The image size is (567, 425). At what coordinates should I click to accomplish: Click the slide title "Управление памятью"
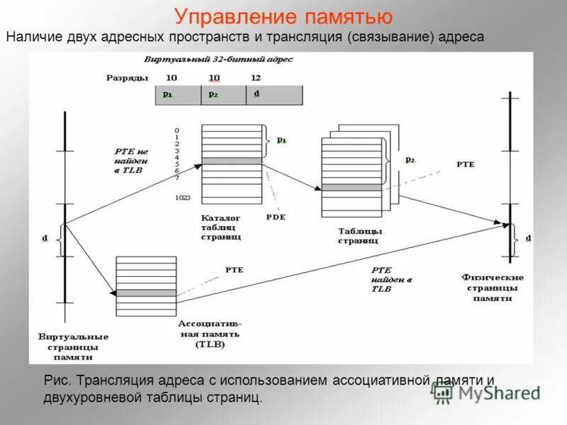click(x=283, y=16)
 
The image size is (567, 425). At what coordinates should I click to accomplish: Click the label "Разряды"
click(x=127, y=77)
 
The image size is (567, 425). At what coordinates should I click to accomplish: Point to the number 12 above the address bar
click(x=256, y=77)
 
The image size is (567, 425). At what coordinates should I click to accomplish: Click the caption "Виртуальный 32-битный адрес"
click(x=218, y=59)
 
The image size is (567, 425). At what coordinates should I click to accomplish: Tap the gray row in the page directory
click(x=232, y=161)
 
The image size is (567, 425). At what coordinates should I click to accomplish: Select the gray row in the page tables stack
click(x=352, y=188)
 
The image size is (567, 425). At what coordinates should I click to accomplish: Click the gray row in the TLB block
click(x=146, y=293)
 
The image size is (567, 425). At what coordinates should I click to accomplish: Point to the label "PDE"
click(x=276, y=217)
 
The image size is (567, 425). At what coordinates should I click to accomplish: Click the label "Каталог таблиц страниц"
click(x=220, y=227)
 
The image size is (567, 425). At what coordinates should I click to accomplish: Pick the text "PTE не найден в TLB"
click(x=132, y=161)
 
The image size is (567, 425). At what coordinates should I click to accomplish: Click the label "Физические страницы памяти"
click(x=492, y=288)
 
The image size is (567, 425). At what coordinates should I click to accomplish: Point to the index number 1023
click(x=183, y=198)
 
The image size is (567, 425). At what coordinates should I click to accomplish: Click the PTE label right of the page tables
click(x=465, y=164)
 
